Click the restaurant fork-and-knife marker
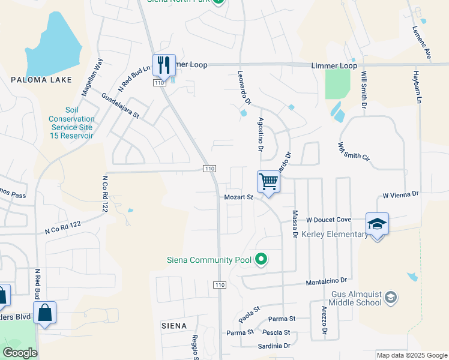(163, 64)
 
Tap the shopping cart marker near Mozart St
(268, 181)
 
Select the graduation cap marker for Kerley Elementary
(377, 224)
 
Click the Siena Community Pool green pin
(261, 260)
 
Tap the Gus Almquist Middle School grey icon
(391, 298)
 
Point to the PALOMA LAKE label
(41, 80)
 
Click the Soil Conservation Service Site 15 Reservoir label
(71, 123)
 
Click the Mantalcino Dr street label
(327, 280)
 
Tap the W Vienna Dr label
(400, 195)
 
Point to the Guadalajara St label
(120, 105)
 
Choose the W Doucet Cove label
(328, 220)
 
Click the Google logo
(20, 353)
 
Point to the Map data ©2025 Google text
(411, 355)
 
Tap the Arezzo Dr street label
(324, 321)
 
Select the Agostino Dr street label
(261, 134)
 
